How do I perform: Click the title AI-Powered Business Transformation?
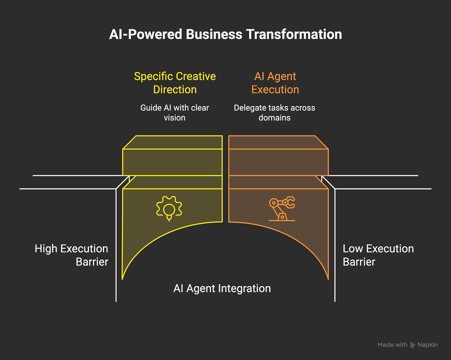pos(225,34)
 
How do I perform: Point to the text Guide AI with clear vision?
pos(175,113)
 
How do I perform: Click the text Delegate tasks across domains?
pos(274,113)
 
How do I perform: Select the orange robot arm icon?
pos(282,209)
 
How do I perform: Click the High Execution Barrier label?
pos(72,255)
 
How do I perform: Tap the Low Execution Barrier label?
pos(378,255)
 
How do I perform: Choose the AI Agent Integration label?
pos(222,288)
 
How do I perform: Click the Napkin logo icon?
pos(413,345)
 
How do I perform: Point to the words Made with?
pos(392,345)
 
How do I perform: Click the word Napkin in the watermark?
pos(427,345)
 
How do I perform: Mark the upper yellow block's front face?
pos(172,162)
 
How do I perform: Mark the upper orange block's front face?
pos(278,162)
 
